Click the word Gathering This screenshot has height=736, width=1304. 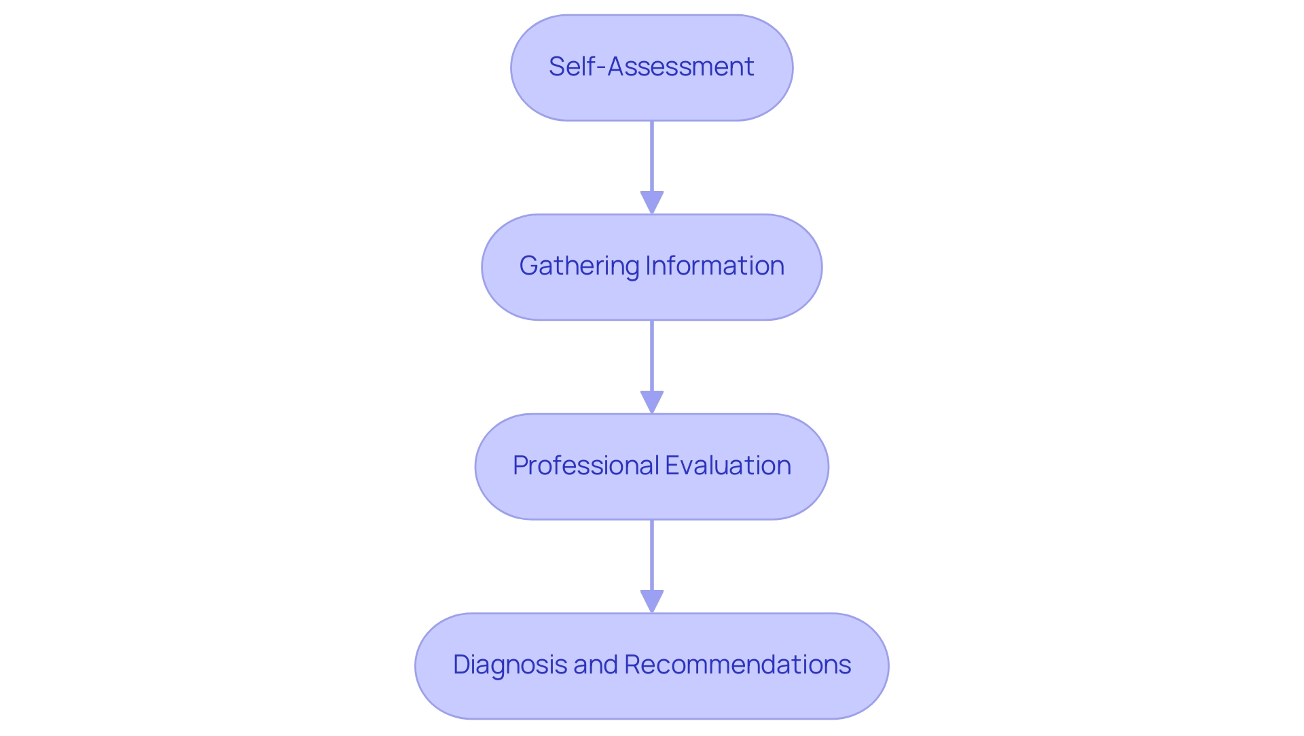[x=579, y=266]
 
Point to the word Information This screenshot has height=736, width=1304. [x=714, y=266]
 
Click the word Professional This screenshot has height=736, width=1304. [x=585, y=466]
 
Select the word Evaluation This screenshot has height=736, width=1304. [x=728, y=466]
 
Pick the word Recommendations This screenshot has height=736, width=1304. [x=738, y=665]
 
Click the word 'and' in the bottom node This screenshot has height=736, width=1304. [x=596, y=665]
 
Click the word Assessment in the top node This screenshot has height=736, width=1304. [x=681, y=67]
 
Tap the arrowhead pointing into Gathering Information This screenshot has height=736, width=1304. [x=652, y=203]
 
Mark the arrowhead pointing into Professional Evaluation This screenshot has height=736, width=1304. [x=652, y=402]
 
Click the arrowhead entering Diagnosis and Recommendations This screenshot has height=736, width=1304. [x=652, y=601]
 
